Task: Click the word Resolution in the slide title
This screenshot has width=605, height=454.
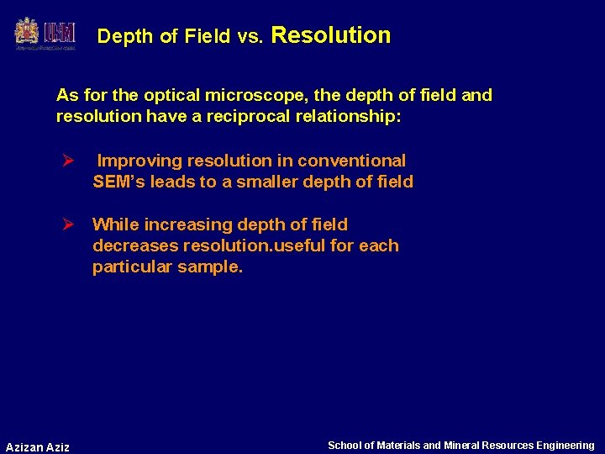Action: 331,35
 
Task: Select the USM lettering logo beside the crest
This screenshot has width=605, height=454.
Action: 60,33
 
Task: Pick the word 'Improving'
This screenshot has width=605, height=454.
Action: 140,161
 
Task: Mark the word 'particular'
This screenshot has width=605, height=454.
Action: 132,267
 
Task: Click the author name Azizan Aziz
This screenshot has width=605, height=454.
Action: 38,446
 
